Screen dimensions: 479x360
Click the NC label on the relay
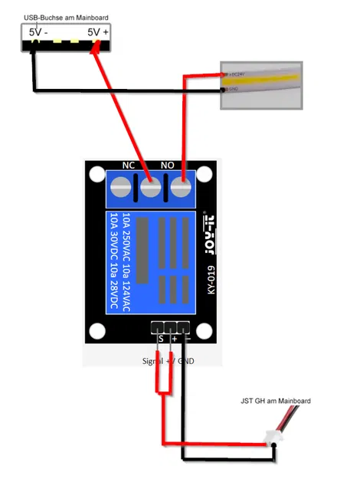point(129,165)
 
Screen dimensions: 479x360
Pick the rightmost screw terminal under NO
point(182,186)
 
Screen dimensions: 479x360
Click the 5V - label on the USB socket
point(38,32)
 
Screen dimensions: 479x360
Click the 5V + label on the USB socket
point(97,32)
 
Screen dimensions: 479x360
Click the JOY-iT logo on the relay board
point(206,229)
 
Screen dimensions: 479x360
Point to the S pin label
point(160,338)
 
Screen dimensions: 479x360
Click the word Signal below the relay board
point(155,359)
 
